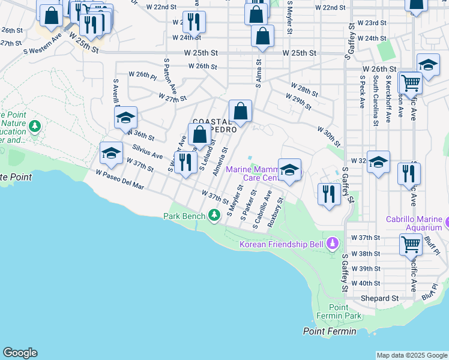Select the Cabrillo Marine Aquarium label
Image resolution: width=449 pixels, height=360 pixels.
414,223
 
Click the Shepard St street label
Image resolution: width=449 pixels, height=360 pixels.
379,298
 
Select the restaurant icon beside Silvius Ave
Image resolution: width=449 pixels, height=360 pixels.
185,162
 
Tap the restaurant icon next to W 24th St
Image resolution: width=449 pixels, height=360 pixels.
194,22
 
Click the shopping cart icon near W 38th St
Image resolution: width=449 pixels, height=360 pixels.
411,244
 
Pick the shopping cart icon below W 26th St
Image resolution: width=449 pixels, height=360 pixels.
410,82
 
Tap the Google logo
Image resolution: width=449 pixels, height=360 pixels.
20,353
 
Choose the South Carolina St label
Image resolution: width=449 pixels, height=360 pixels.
375,100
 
